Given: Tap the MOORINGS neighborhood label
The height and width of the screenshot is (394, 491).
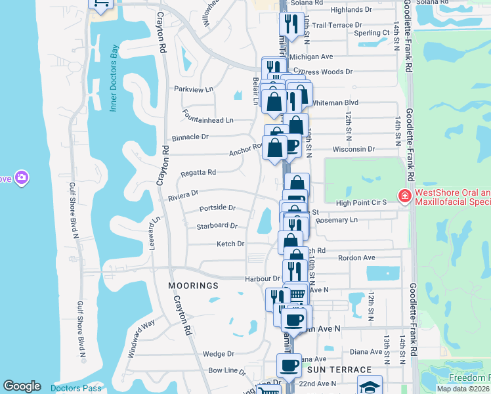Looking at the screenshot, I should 193,286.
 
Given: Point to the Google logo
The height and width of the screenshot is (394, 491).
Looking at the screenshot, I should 22,386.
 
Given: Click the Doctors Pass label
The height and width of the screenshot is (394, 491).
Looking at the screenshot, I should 78,388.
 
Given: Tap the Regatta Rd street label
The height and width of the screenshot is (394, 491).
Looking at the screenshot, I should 198,173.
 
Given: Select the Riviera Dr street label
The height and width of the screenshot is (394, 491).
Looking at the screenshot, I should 183,194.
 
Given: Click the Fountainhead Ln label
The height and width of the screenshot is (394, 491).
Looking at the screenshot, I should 209,120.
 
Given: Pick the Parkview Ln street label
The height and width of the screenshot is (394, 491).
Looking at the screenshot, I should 194,89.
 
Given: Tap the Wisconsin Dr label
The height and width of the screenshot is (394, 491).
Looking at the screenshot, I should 352,149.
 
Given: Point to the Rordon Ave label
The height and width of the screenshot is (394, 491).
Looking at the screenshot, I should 356,258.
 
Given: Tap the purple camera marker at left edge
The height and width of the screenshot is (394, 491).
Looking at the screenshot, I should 22,178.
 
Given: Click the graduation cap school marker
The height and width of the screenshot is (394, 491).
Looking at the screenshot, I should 370,386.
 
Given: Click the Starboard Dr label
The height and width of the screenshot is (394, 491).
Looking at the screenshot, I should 217,226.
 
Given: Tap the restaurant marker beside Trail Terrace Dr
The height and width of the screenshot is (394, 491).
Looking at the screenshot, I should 289,25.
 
